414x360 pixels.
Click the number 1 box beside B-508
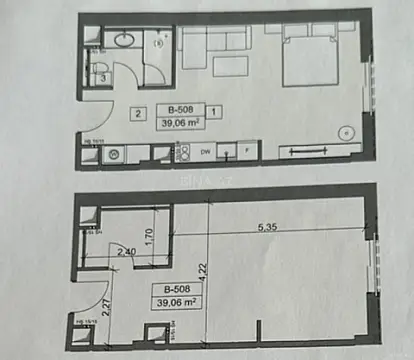click(216, 111)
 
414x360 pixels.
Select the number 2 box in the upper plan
click(137, 113)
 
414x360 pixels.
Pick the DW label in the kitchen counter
click(205, 153)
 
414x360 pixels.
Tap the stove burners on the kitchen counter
click(183, 153)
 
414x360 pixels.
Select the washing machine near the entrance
click(113, 154)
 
